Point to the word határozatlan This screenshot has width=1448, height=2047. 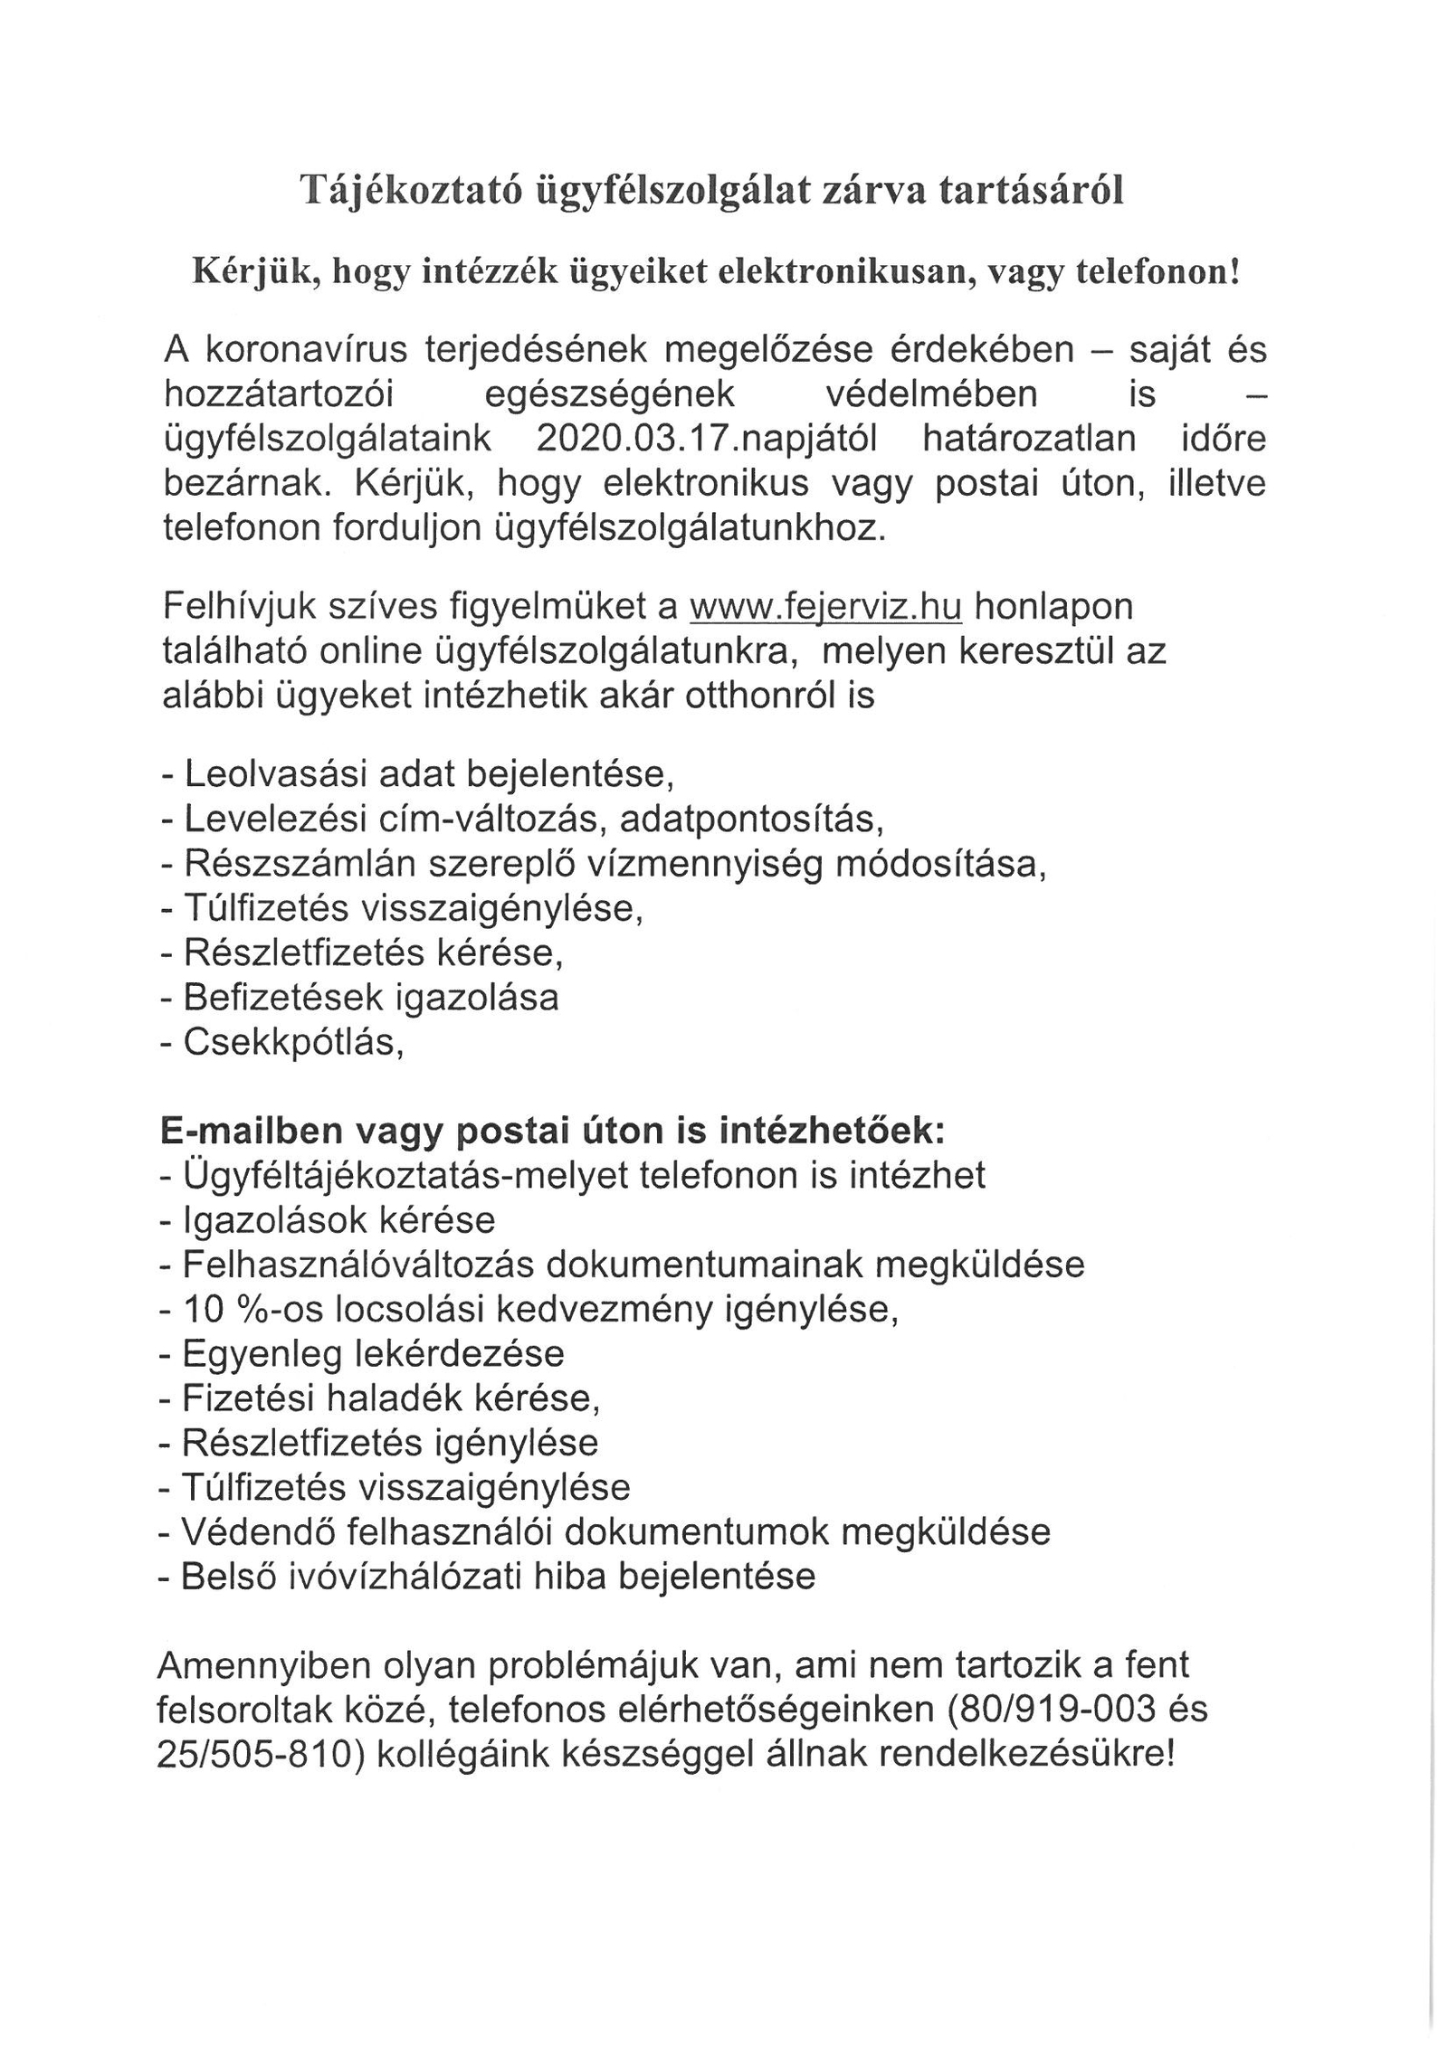pyautogui.click(x=1029, y=438)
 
